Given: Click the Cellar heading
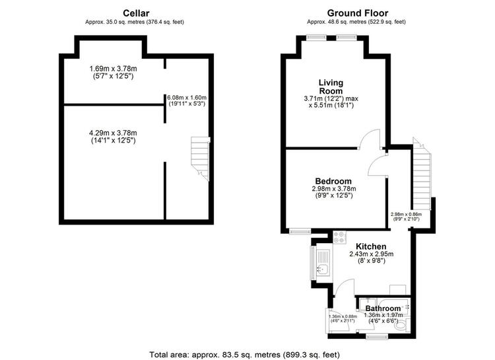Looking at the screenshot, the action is tap(136, 13).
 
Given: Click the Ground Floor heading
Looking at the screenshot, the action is tap(357, 13).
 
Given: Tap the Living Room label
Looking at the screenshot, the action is tap(331, 87).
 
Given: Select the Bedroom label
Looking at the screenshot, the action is tap(333, 181).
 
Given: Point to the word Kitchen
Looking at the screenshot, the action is tap(371, 246).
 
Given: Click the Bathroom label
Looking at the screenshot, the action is tap(383, 308).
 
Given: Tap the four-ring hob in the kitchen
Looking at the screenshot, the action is tap(340, 237).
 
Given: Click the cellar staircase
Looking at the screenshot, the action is tap(200, 159).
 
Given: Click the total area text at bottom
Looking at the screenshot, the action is tap(245, 354).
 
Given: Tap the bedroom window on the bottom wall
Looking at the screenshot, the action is tap(300, 232).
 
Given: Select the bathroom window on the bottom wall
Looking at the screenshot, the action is tap(378, 337).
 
